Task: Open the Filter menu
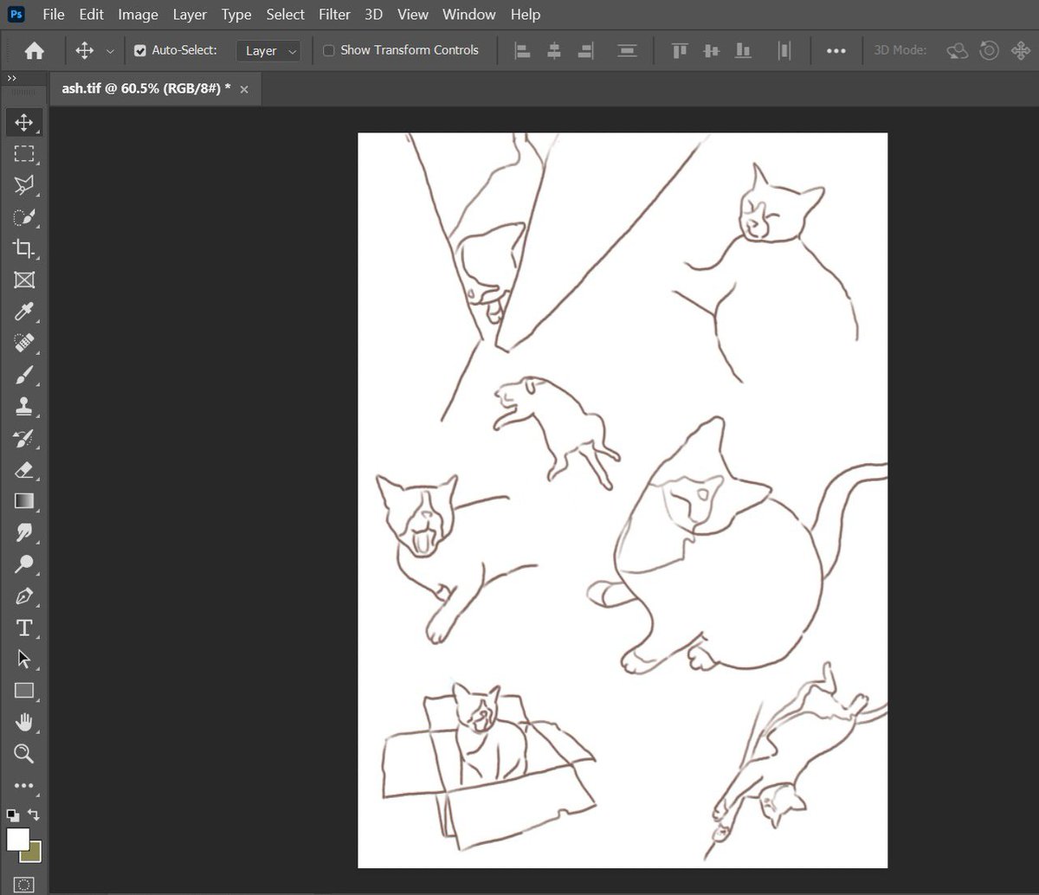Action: (334, 15)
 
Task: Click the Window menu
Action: (468, 15)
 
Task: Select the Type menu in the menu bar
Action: (236, 15)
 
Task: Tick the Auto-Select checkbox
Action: (140, 51)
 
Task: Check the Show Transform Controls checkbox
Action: (329, 51)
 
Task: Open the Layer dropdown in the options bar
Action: (268, 51)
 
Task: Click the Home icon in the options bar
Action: (35, 51)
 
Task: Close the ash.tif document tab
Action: (244, 89)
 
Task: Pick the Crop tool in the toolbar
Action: (23, 249)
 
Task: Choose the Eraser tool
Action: (23, 470)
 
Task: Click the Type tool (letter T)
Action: (23, 628)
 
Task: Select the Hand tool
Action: (23, 722)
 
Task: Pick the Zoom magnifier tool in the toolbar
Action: (23, 754)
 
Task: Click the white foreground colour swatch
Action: (17, 839)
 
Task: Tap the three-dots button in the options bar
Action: (836, 51)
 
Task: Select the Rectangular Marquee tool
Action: (23, 154)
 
